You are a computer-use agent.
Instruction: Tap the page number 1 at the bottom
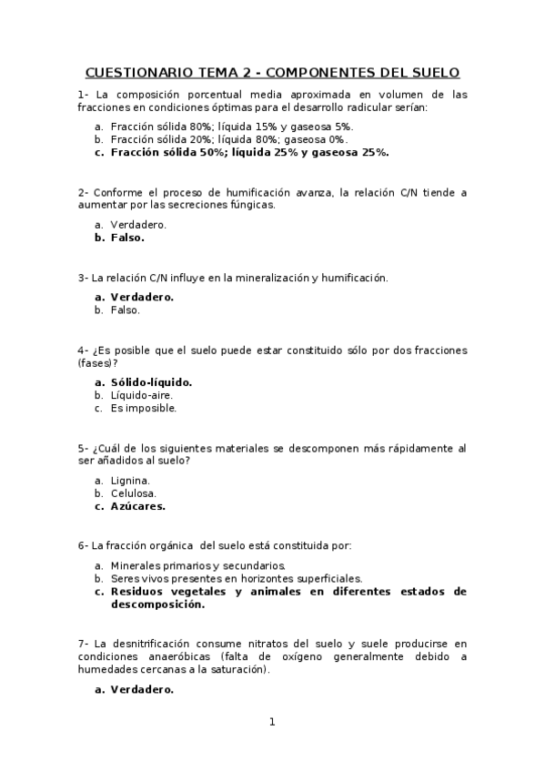271,722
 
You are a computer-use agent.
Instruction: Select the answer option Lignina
130,480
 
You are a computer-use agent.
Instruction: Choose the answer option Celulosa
133,493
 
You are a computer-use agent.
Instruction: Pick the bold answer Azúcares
137,505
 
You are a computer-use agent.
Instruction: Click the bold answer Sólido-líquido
151,382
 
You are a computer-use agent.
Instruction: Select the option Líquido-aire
141,395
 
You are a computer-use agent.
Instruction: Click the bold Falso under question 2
127,238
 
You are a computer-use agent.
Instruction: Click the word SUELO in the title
433,72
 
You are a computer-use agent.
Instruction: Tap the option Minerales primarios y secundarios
190,565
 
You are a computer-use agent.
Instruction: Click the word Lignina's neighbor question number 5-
84,448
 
